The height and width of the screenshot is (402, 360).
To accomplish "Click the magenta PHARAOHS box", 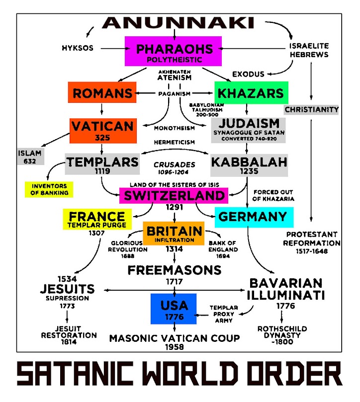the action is [173, 52].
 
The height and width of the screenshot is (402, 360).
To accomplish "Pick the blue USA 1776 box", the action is [173, 309].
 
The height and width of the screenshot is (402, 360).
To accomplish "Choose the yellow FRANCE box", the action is [97, 219].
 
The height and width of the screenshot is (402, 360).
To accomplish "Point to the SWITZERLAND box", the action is [174, 196].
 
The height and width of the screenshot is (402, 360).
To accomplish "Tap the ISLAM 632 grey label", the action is [30, 157].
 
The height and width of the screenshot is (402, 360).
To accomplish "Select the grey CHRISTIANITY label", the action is [312, 109].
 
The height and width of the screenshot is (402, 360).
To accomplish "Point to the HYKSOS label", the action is [78, 48].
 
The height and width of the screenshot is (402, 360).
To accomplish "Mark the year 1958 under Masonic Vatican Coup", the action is [174, 347].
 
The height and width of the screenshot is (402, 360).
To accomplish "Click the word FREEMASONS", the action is [174, 270].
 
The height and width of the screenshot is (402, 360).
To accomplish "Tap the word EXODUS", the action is [248, 74].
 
